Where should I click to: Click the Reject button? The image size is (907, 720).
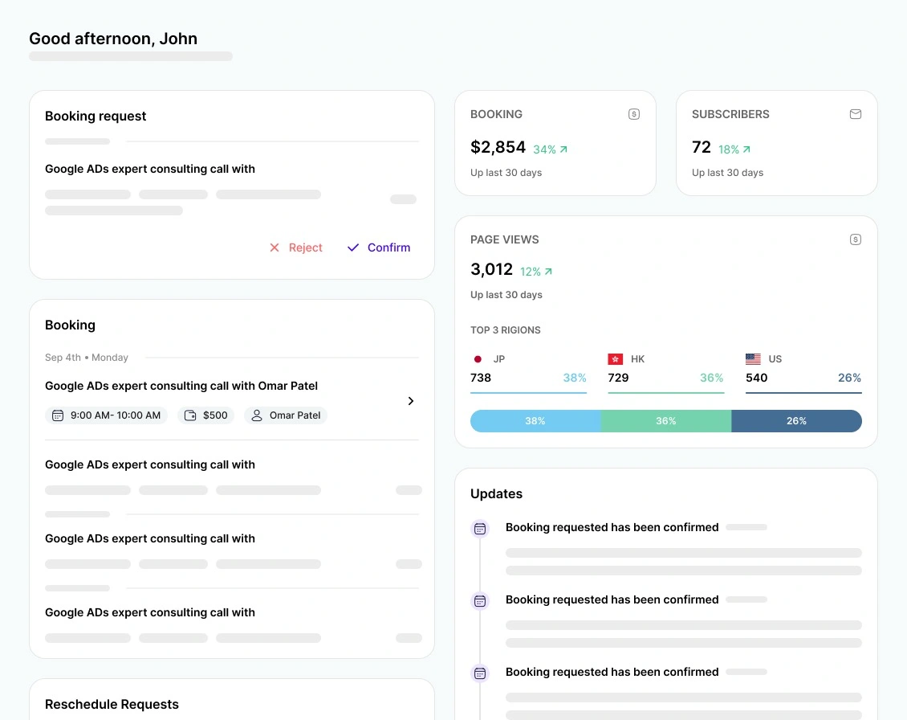pos(295,247)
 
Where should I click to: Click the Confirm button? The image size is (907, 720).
pos(379,247)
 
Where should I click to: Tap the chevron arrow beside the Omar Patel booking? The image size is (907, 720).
pos(411,401)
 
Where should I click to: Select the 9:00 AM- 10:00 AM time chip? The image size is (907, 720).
pos(106,415)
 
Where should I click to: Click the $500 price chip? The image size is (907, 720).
pos(206,415)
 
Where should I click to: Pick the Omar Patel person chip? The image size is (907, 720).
pos(286,415)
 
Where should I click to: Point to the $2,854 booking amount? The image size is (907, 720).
pos(498,148)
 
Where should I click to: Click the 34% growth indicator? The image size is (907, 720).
pos(550,149)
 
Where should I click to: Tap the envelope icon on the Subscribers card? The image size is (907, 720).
pos(856,114)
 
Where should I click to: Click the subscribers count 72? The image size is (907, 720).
pos(701,147)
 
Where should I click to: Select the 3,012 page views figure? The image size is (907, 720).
pos(491,269)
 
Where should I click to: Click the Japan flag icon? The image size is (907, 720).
pos(478,359)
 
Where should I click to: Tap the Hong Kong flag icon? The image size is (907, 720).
pos(616,359)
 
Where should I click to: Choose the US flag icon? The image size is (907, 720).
pos(753,359)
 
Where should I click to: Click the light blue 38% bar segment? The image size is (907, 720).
pos(535,421)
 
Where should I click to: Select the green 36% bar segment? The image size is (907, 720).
pos(666,421)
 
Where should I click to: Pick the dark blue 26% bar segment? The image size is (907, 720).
pos(796,421)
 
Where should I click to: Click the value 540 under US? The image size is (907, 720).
pos(756,378)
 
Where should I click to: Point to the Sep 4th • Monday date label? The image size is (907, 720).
pos(87,358)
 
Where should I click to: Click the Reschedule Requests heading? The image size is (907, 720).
pos(112,705)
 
